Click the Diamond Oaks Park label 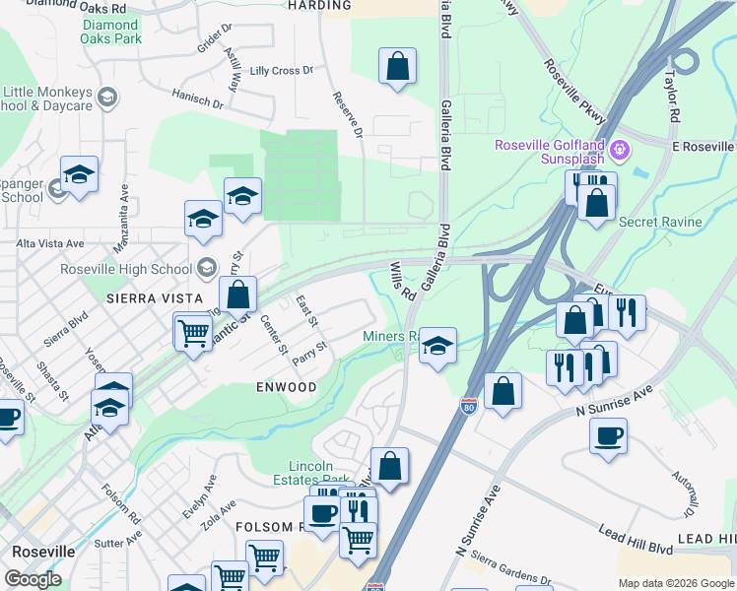point(111,32)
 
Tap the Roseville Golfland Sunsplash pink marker point(620,151)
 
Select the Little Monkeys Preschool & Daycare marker point(107,97)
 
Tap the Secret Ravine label point(660,222)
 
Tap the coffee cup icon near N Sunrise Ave point(608,434)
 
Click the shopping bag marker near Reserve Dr point(397,67)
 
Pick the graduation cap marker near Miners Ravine point(437,346)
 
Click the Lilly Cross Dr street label point(281,71)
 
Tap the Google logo point(33,579)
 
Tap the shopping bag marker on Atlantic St point(237,294)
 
